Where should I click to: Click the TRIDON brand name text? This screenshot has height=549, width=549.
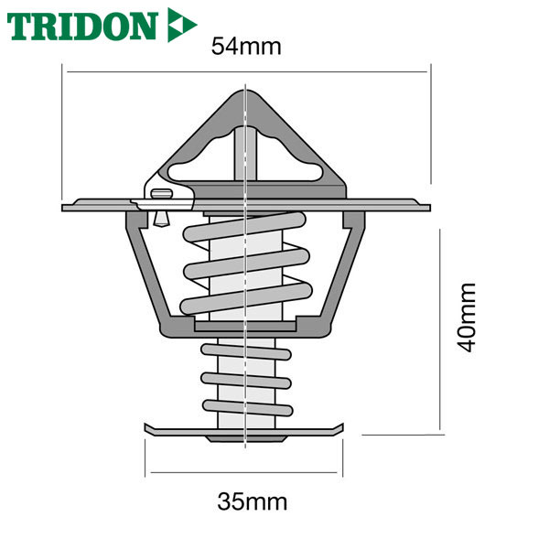81,26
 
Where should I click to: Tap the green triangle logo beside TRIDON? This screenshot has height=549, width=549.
181,25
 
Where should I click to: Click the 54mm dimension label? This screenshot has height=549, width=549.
246,47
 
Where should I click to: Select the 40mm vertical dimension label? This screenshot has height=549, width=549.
467,317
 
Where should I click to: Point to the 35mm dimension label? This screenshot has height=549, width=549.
253,501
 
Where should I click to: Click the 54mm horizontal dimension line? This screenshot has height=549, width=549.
247,71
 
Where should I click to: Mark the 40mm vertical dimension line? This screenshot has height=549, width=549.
440,329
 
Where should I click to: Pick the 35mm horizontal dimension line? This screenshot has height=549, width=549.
243,472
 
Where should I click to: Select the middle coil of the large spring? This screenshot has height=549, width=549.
246,264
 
